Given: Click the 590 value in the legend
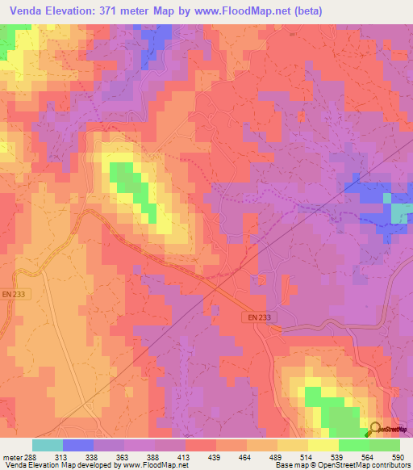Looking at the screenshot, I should tap(398, 456).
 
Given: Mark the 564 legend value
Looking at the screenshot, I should tap(368, 456).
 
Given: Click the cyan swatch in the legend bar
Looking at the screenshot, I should tap(48, 445).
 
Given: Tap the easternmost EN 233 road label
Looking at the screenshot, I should tap(259, 317).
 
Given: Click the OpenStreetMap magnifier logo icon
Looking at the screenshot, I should tap(374, 429).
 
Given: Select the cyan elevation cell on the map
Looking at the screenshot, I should tap(401, 212).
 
